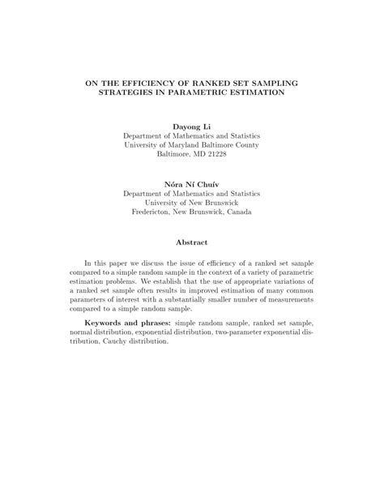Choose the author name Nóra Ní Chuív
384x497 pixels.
(x=191, y=184)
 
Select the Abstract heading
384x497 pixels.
(x=192, y=242)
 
